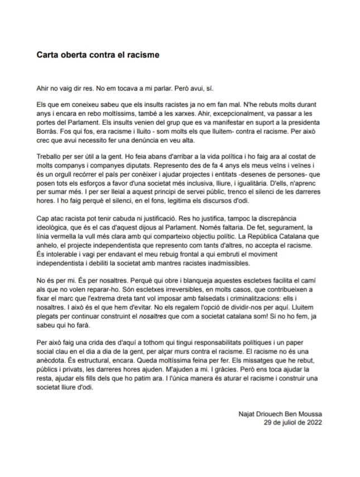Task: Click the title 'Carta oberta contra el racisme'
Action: click(98, 55)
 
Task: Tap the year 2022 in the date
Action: click(313, 422)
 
